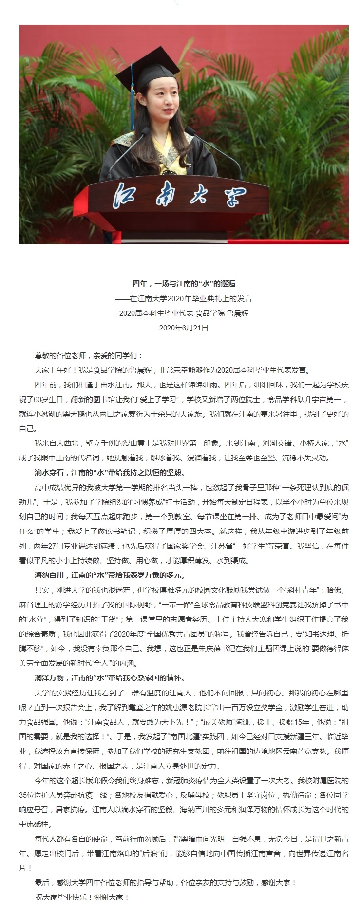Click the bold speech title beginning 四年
(184, 283)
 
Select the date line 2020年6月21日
(184, 328)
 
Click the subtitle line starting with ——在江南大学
(184, 298)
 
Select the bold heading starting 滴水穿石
(110, 472)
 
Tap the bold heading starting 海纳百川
(110, 575)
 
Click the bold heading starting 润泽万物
(110, 677)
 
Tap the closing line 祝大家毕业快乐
(82, 897)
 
